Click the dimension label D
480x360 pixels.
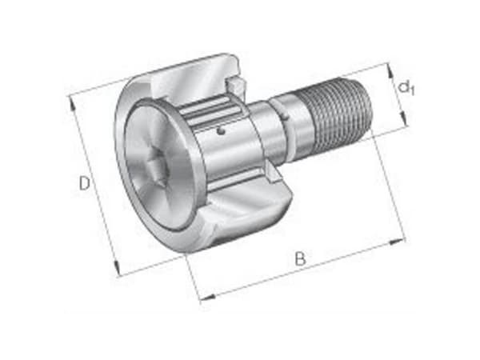[x=85, y=183]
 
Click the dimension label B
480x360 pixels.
[x=300, y=259]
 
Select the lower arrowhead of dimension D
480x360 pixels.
[x=117, y=267]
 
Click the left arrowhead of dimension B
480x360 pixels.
[x=208, y=296]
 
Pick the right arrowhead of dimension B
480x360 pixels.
[x=397, y=242]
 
